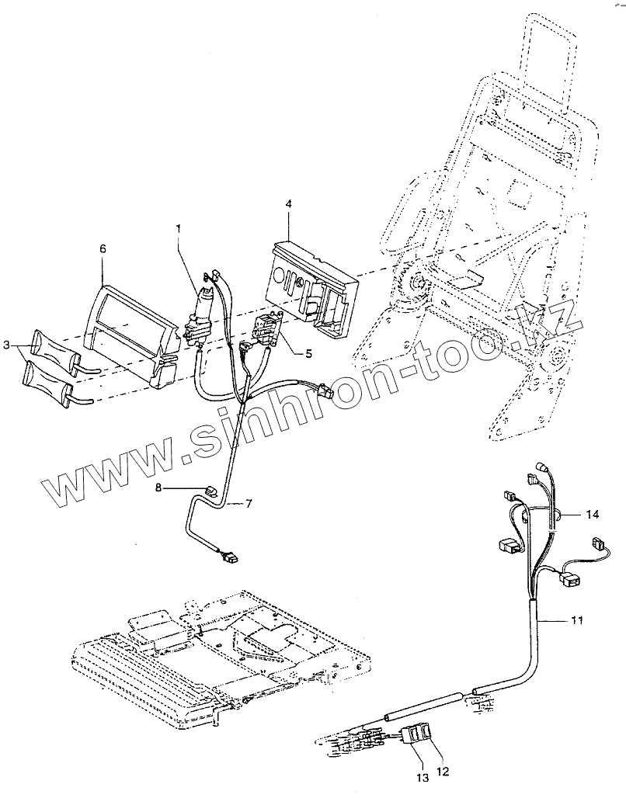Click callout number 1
pyautogui.click(x=178, y=229)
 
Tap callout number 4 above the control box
pyautogui.click(x=288, y=204)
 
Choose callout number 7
pyautogui.click(x=249, y=504)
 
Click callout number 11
pyautogui.click(x=576, y=619)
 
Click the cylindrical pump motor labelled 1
pyautogui.click(x=203, y=311)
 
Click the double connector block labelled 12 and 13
pyautogui.click(x=420, y=732)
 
